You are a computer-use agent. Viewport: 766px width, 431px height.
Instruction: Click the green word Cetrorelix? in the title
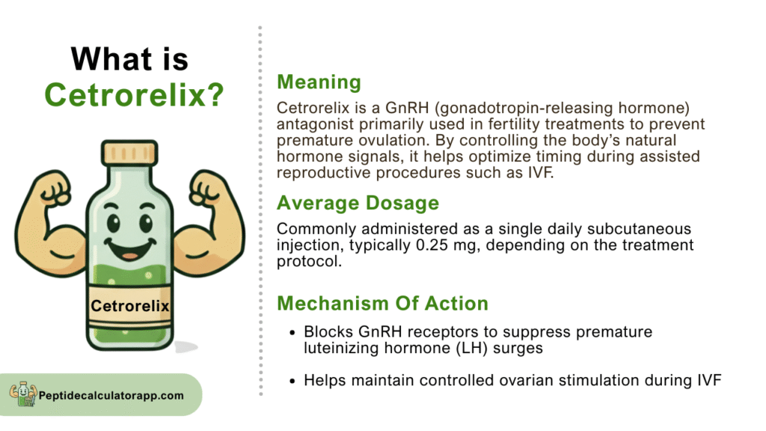[134, 94]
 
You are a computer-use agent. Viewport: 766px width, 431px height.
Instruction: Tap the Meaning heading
[319, 82]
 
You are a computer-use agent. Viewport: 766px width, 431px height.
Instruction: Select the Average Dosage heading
[358, 203]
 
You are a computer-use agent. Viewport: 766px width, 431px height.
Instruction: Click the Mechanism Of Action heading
[382, 304]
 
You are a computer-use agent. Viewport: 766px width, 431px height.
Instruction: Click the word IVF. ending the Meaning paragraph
[541, 173]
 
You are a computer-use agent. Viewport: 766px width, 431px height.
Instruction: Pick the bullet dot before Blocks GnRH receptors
[292, 333]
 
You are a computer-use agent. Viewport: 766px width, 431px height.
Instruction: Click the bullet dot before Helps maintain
[292, 381]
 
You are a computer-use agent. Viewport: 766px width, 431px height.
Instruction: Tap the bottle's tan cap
[129, 153]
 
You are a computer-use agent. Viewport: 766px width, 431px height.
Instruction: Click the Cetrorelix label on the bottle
[130, 306]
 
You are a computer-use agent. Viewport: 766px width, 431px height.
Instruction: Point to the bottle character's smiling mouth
[129, 248]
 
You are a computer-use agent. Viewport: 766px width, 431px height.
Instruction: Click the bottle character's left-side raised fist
[55, 189]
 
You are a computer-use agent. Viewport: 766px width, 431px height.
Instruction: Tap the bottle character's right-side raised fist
[206, 189]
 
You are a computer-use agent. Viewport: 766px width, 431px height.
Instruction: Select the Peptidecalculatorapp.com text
[111, 395]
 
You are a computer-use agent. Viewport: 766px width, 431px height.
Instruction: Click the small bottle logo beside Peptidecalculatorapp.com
[23, 394]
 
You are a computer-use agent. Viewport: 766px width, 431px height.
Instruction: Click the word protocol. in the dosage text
[309, 261]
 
